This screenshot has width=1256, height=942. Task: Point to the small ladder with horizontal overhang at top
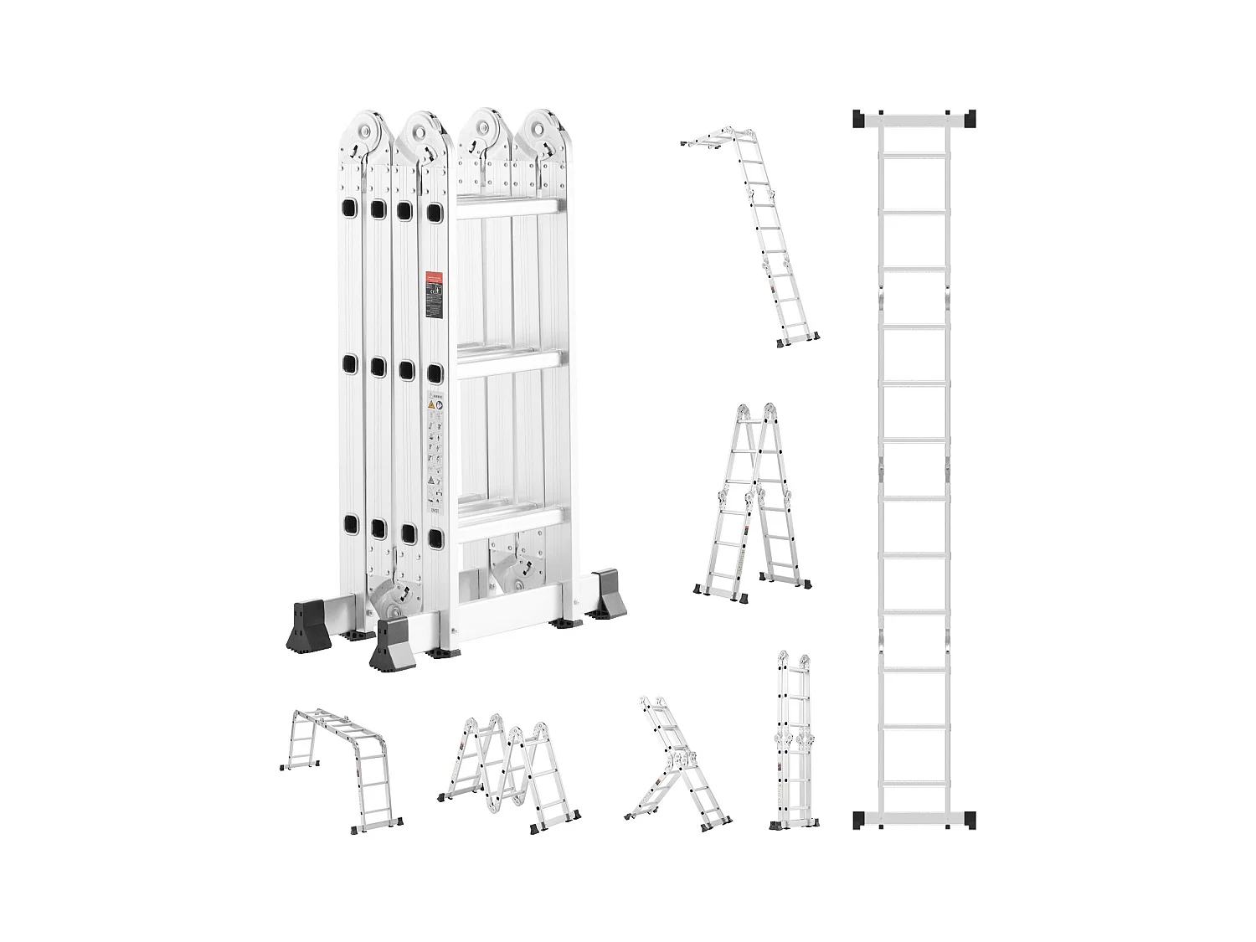pos(754,234)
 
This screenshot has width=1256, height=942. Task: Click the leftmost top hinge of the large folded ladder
pos(366,130)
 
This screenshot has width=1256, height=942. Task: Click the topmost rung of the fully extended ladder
pos(915,155)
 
